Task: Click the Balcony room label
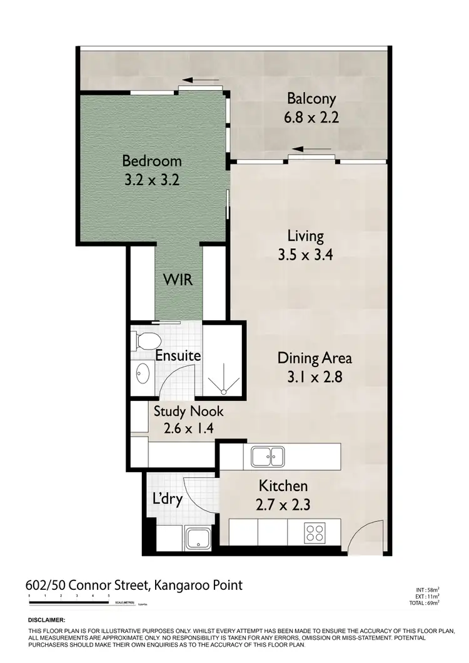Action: tap(311, 98)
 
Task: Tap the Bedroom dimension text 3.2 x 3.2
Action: tap(152, 181)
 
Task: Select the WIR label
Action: tap(178, 280)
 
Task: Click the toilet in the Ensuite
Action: tap(144, 342)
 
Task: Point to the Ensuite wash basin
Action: tap(143, 373)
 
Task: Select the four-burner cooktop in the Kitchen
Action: tap(314, 533)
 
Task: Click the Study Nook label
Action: tap(189, 412)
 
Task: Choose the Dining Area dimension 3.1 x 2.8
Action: tap(315, 377)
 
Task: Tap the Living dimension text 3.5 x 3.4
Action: tap(305, 255)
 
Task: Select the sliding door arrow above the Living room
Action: tap(311, 149)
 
